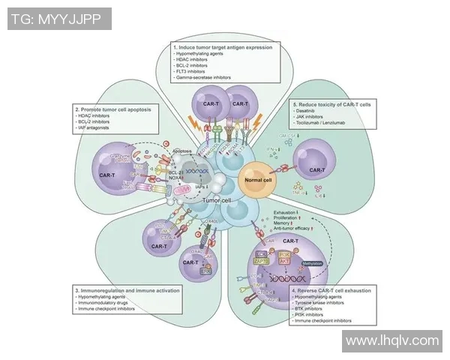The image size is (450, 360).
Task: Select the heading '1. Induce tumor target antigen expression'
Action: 222,47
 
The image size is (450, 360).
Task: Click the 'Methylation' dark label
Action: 310,265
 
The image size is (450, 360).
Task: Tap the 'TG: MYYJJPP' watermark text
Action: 58,19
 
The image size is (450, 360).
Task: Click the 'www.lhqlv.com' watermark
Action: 391,341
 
